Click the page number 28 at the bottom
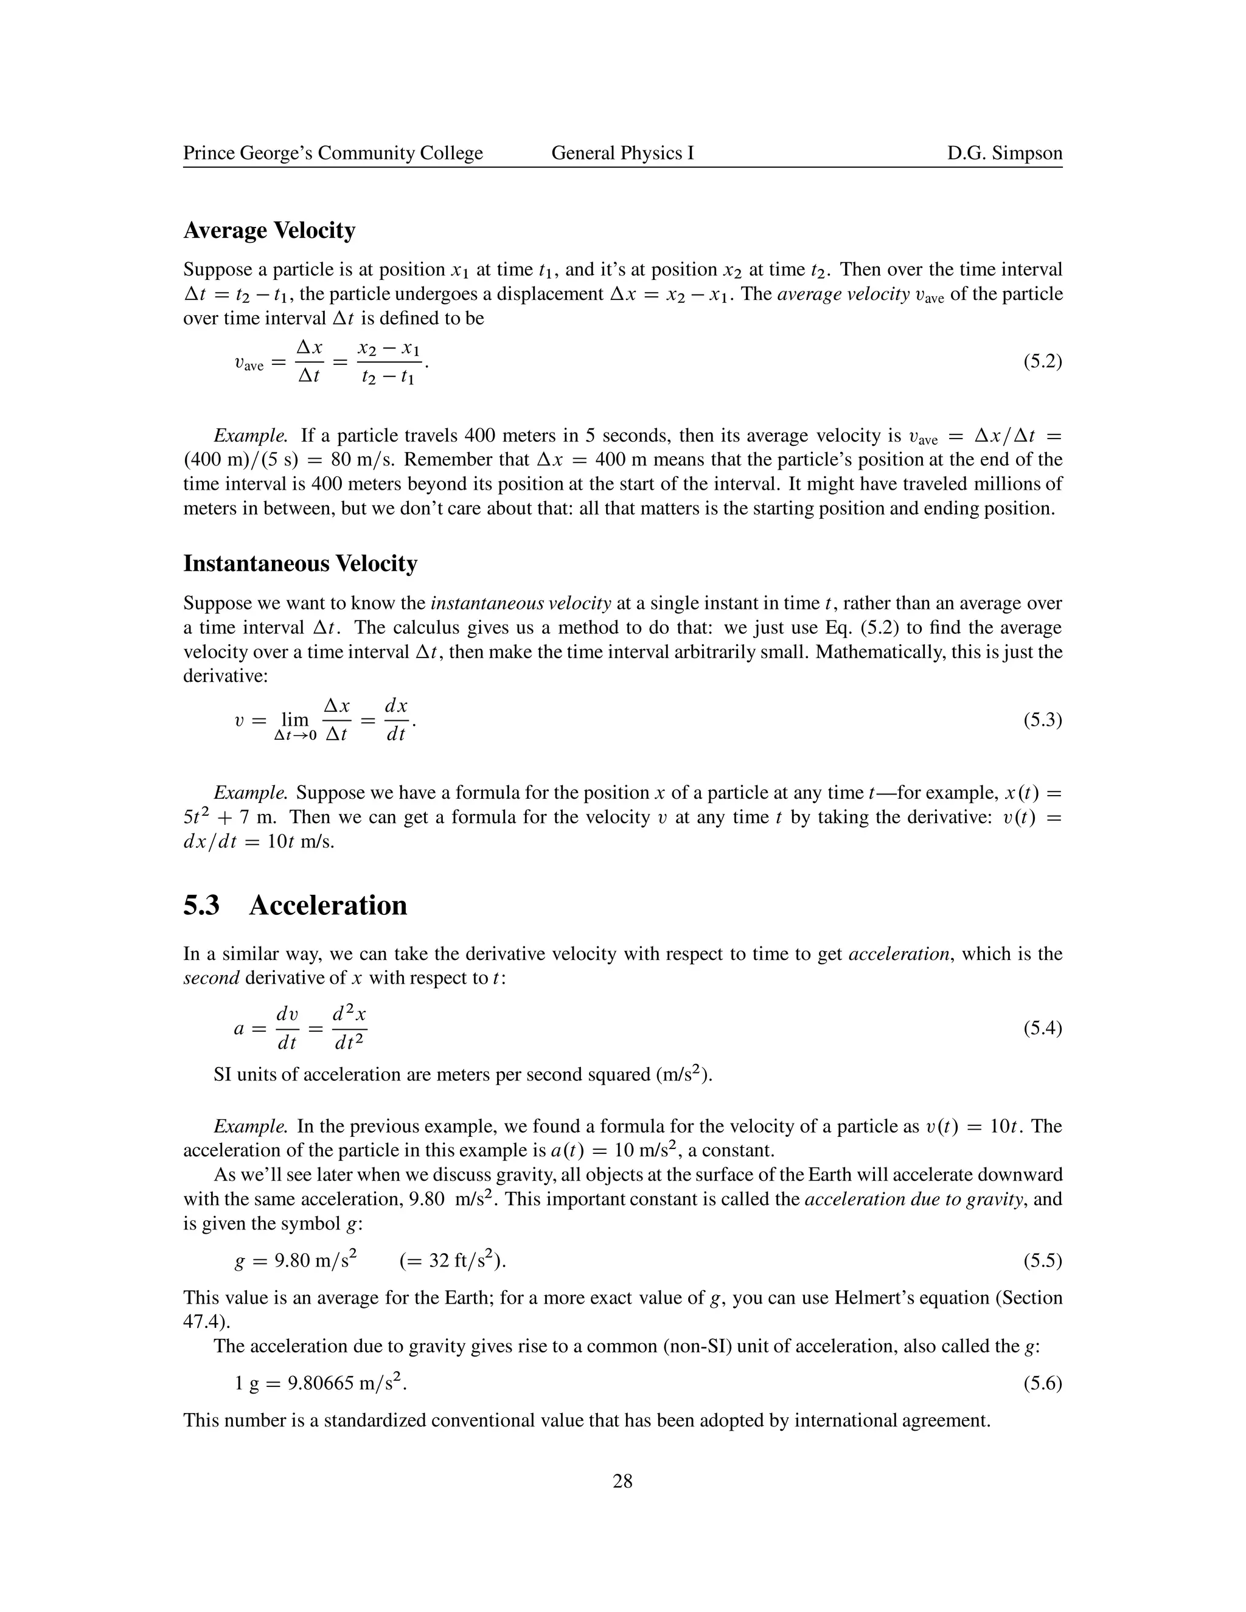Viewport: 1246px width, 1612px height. pyautogui.click(x=622, y=1481)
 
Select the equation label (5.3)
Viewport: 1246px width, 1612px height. pyautogui.click(x=1042, y=720)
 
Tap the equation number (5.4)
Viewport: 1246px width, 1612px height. pyautogui.click(x=1042, y=1027)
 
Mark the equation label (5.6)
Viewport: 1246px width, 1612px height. pyautogui.click(x=1042, y=1383)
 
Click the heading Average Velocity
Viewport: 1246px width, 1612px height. pyautogui.click(x=270, y=231)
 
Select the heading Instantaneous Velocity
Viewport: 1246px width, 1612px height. pyautogui.click(x=301, y=564)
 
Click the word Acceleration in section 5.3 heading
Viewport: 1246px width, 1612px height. pyautogui.click(x=328, y=906)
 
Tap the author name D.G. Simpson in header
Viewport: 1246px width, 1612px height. pyautogui.click(x=1004, y=153)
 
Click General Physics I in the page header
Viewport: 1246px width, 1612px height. pyautogui.click(x=622, y=153)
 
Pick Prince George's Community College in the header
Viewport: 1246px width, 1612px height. pyautogui.click(x=333, y=153)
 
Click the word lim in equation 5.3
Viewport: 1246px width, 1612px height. pyautogui.click(x=295, y=719)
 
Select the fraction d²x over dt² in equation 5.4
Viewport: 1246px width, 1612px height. pyautogui.click(x=349, y=1027)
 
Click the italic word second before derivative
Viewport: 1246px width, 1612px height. pyautogui.click(x=211, y=978)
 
